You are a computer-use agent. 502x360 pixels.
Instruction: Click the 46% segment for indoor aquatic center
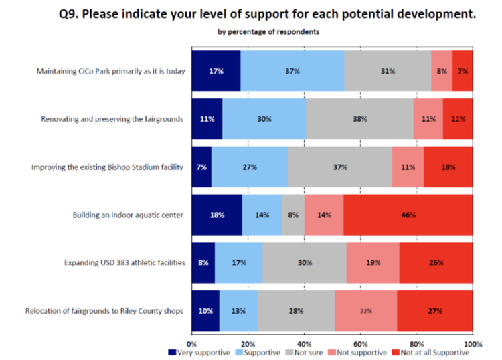pos(408,215)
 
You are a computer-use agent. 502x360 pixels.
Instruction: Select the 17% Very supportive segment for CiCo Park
pos(216,71)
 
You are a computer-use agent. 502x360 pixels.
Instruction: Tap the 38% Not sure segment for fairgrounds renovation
pos(359,119)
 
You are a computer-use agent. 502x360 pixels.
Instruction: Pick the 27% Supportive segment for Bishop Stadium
pos(250,167)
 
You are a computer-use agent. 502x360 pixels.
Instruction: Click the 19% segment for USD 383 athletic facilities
pos(373,263)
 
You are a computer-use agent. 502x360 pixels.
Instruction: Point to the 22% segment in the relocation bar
pos(365,311)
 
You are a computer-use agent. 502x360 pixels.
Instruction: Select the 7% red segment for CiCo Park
pos(463,71)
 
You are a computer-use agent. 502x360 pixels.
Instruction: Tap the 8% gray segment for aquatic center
pos(293,215)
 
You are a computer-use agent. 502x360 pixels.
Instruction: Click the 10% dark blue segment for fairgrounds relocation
pos(205,311)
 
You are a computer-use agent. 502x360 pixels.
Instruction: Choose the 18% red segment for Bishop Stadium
pos(448,167)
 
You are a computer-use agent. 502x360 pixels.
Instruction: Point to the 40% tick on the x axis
pos(305,343)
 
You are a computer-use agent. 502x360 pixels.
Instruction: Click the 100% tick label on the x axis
pos(473,343)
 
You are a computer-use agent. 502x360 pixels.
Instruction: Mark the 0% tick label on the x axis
pos(192,343)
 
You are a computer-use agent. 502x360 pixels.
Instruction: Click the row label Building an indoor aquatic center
pos(128,215)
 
